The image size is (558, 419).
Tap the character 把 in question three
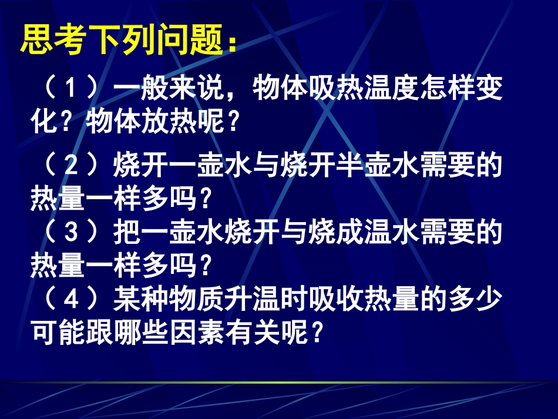[x=126, y=233]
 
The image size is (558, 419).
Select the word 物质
[x=196, y=300]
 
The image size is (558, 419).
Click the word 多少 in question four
[x=475, y=300]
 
